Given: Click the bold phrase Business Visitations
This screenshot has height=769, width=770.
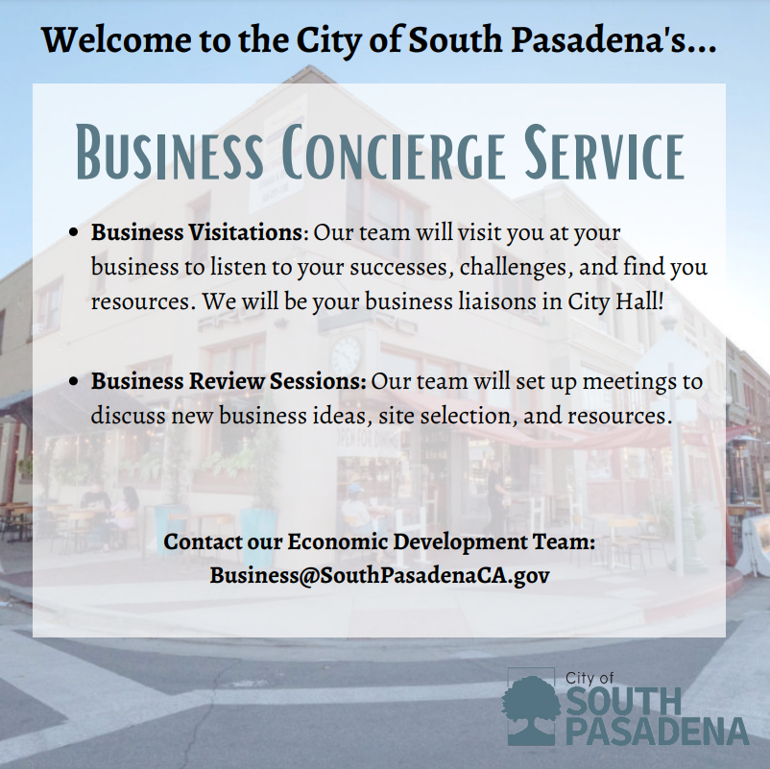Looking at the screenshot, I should pyautogui.click(x=197, y=233).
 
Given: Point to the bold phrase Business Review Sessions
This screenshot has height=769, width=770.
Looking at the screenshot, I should pyautogui.click(x=229, y=382).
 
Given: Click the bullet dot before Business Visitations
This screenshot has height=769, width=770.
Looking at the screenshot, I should pyautogui.click(x=76, y=233).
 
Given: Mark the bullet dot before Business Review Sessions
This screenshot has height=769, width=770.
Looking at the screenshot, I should pyautogui.click(x=76, y=382).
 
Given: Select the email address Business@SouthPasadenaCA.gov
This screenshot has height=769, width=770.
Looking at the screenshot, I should pyautogui.click(x=379, y=575).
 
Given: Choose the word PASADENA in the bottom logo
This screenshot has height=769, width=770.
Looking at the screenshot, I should pyautogui.click(x=657, y=732).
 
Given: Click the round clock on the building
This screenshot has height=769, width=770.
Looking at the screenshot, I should pyautogui.click(x=346, y=354).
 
